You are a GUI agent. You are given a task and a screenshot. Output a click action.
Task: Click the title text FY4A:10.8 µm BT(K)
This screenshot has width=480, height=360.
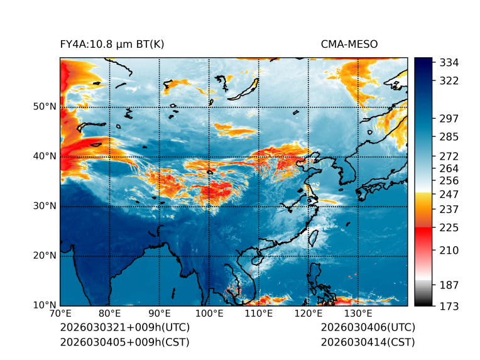tap(112, 44)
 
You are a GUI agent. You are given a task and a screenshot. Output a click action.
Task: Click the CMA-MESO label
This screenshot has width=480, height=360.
tap(349, 44)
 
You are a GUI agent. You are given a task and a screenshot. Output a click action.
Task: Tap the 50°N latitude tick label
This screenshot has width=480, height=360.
tap(45, 107)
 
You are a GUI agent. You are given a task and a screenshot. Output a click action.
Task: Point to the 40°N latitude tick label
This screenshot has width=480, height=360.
tap(45, 156)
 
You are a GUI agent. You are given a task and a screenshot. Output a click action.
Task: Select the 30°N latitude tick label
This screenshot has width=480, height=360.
tap(45, 206)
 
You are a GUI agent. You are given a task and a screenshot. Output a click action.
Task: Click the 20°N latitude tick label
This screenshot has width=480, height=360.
tap(45, 256)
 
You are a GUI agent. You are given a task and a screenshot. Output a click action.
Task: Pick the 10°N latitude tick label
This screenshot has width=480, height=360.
tap(45, 305)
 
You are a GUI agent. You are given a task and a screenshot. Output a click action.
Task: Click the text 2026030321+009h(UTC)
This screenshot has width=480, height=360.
tap(124, 327)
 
